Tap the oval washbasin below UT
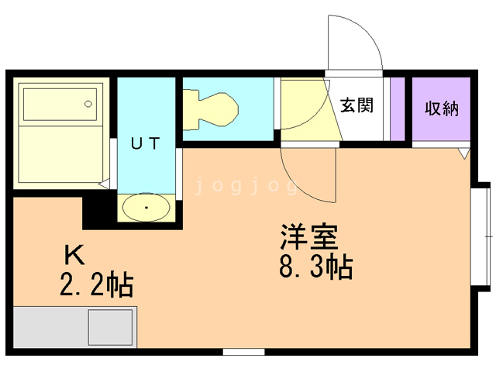coord(147,208)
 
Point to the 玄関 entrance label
coord(357,105)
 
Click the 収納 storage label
coord(441,108)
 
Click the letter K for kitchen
coord(74,254)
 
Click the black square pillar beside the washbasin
coord(99,211)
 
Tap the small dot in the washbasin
coord(147,208)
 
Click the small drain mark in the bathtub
coord(90,102)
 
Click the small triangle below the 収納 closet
coord(463,153)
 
